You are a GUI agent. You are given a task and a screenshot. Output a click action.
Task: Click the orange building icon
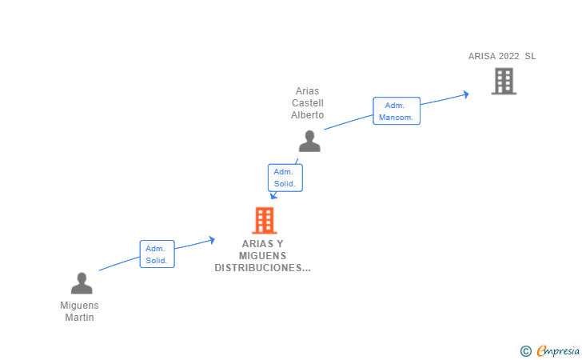tap(265, 220)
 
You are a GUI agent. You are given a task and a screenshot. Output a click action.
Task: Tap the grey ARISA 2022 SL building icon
tap(504, 81)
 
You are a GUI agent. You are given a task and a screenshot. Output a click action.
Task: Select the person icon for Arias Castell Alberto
tap(309, 141)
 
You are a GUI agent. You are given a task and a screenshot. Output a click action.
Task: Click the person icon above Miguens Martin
tap(82, 283)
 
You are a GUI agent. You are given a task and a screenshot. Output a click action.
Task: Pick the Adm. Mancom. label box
tap(397, 110)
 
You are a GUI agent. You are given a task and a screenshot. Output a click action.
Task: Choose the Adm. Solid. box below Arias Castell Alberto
tap(285, 178)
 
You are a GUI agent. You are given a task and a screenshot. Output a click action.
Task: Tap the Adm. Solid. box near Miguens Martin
tap(157, 254)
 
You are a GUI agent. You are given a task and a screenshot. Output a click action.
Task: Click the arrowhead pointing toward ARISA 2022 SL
tap(466, 94)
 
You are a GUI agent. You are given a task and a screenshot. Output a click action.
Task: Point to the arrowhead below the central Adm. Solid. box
tap(273, 195)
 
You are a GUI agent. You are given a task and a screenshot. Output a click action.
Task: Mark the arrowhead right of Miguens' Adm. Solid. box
tap(212, 240)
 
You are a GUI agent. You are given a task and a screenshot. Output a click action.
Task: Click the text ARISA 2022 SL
tap(502, 56)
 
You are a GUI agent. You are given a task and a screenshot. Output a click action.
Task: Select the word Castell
tap(307, 103)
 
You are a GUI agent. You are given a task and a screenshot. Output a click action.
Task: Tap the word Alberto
tap(307, 114)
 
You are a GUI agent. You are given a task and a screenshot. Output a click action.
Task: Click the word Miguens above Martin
tap(79, 306)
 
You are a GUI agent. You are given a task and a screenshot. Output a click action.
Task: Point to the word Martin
tap(79, 318)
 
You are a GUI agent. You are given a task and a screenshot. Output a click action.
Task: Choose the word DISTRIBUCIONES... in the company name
tap(262, 267)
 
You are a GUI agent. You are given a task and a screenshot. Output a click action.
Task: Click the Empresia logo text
tap(558, 350)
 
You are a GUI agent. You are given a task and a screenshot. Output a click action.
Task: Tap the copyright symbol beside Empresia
tap(525, 351)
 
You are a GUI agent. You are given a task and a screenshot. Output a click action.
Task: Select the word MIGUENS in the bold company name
tap(262, 256)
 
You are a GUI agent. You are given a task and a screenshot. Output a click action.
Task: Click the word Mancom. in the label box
tap(396, 118)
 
